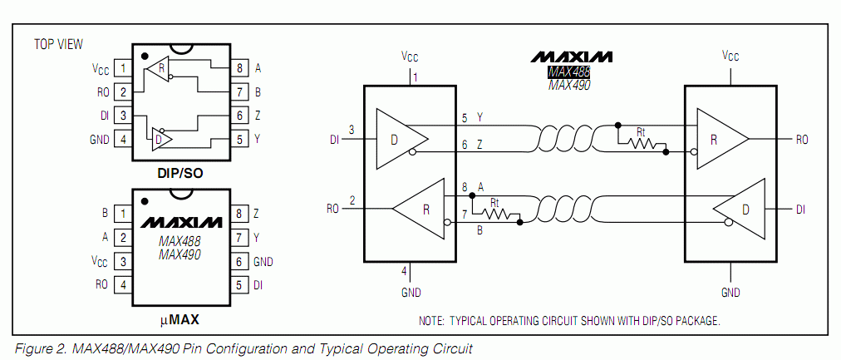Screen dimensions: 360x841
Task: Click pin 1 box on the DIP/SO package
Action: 123,68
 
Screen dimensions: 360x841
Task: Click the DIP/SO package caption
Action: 180,174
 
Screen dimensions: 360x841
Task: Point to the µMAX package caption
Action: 180,318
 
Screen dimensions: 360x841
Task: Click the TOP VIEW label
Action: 58,44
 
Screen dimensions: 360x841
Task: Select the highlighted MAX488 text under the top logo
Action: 569,72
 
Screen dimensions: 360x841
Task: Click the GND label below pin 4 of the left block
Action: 411,293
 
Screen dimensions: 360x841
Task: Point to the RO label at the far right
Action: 801,141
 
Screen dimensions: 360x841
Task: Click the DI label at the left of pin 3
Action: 335,141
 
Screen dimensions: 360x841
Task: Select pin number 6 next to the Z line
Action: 464,145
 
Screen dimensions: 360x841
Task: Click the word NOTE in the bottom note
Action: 433,320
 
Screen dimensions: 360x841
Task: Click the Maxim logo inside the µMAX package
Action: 180,223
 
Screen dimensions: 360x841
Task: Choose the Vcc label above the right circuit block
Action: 730,57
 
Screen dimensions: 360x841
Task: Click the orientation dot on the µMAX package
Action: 145,200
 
